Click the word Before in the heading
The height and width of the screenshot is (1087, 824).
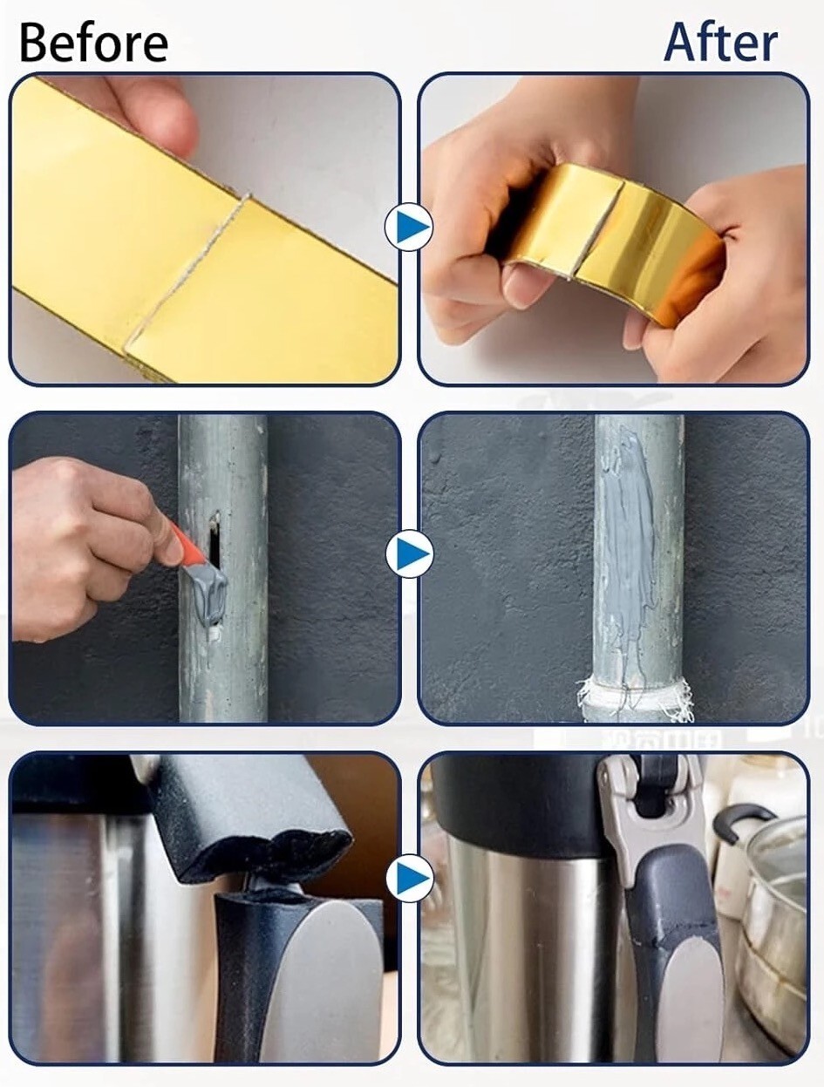[93, 44]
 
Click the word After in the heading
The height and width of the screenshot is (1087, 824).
[720, 43]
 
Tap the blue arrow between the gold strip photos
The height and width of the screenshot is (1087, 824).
[409, 228]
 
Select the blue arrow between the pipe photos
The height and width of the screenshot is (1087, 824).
[409, 554]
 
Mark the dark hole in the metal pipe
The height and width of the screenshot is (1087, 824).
[215, 539]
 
